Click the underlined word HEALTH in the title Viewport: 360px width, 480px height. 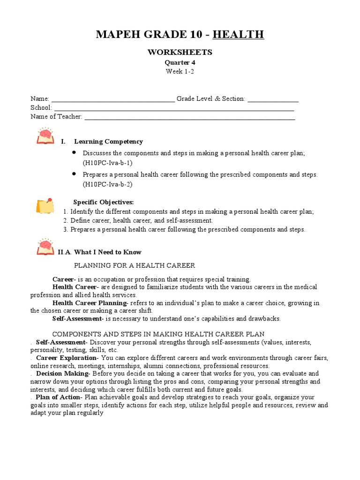[x=238, y=34]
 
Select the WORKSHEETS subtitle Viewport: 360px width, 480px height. [x=180, y=52]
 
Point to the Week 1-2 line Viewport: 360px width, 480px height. [x=180, y=71]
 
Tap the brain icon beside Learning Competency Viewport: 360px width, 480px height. [x=45, y=136]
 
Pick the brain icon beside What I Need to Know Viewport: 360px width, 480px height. [x=45, y=247]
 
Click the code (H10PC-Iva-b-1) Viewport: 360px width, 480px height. [x=108, y=163]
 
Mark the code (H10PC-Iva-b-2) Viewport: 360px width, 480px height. [x=108, y=184]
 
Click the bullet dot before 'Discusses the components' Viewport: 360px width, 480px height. [x=74, y=153]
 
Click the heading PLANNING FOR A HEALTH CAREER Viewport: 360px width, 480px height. [x=135, y=265]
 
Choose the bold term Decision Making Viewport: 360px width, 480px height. [x=62, y=374]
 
